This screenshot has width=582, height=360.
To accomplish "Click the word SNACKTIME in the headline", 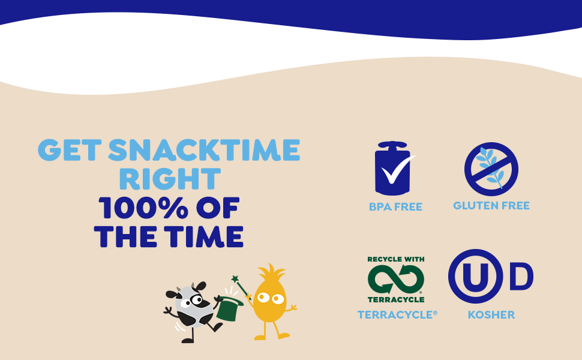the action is [204, 150].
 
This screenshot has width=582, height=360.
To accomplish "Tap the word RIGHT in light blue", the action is [170, 179].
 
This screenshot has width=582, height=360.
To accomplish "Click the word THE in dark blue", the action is [125, 236].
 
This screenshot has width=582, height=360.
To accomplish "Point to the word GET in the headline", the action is [70, 150].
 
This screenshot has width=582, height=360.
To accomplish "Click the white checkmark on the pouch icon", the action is [397, 170].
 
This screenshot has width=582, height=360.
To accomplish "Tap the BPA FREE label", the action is [395, 207].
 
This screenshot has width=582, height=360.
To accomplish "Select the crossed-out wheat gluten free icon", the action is [491, 169].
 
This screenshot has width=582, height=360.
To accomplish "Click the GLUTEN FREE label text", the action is [491, 206].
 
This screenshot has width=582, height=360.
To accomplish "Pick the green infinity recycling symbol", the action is [395, 279].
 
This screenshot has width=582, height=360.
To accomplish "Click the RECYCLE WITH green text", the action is [395, 259].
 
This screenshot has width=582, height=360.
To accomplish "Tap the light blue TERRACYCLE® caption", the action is [397, 315].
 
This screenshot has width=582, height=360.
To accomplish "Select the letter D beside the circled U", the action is [521, 276].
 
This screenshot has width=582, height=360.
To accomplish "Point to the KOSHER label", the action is [491, 315].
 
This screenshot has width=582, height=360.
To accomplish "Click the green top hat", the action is [228, 307].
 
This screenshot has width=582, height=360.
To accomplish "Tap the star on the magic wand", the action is [235, 279].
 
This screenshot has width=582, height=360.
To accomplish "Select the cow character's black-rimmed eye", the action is [196, 300].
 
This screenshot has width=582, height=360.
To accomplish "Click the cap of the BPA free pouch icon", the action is [392, 145].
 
